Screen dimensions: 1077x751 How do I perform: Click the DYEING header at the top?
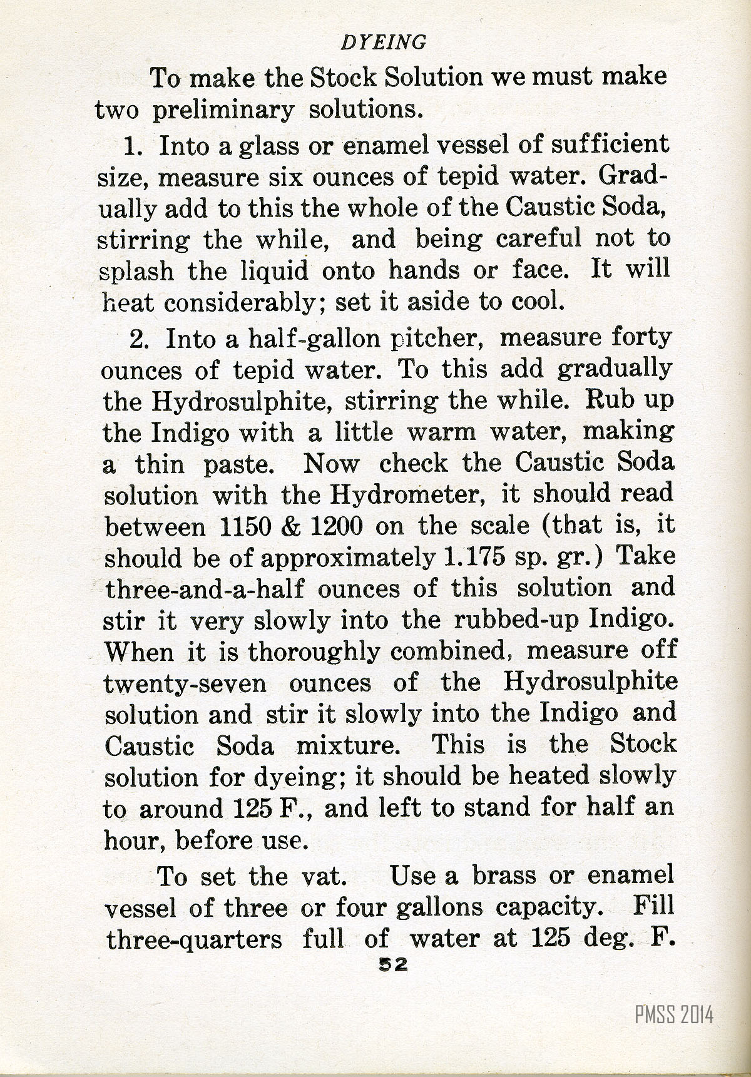(x=383, y=42)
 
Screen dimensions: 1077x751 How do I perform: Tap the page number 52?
(x=389, y=966)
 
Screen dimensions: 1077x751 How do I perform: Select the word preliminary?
(x=223, y=110)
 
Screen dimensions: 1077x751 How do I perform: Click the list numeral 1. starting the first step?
(x=135, y=146)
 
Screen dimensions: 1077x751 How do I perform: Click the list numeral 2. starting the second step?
(x=140, y=339)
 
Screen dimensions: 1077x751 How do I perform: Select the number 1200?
(x=336, y=527)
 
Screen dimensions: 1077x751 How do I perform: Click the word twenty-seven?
(x=185, y=683)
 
